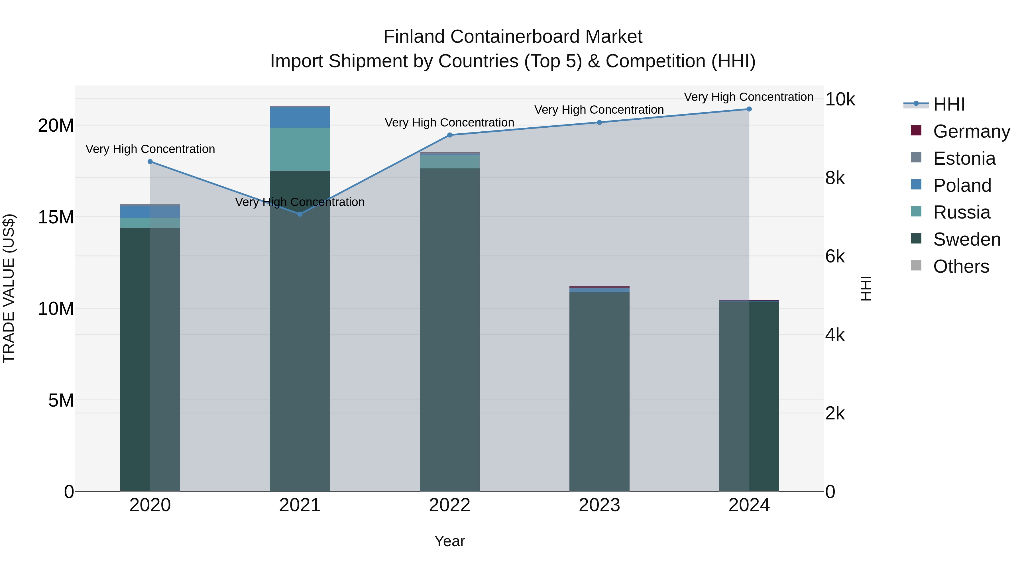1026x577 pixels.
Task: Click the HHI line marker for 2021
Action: pos(300,214)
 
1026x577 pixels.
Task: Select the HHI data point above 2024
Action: pos(749,109)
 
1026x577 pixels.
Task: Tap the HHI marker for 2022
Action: pos(450,135)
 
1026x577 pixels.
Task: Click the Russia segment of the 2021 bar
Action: pos(300,149)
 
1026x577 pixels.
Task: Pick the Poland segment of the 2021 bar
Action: pos(300,117)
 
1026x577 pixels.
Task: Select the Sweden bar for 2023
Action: pos(599,392)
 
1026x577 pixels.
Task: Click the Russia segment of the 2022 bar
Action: pos(450,162)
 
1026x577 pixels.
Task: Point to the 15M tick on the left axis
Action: pos(56,217)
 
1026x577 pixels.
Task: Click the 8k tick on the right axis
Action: pos(835,178)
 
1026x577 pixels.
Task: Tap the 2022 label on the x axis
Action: pos(450,505)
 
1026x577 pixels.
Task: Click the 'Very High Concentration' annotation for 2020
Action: pos(150,149)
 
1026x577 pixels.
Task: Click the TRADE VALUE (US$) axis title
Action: pos(9,288)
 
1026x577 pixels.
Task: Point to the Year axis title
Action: pos(450,541)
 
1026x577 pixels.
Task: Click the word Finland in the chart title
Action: pos(414,37)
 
